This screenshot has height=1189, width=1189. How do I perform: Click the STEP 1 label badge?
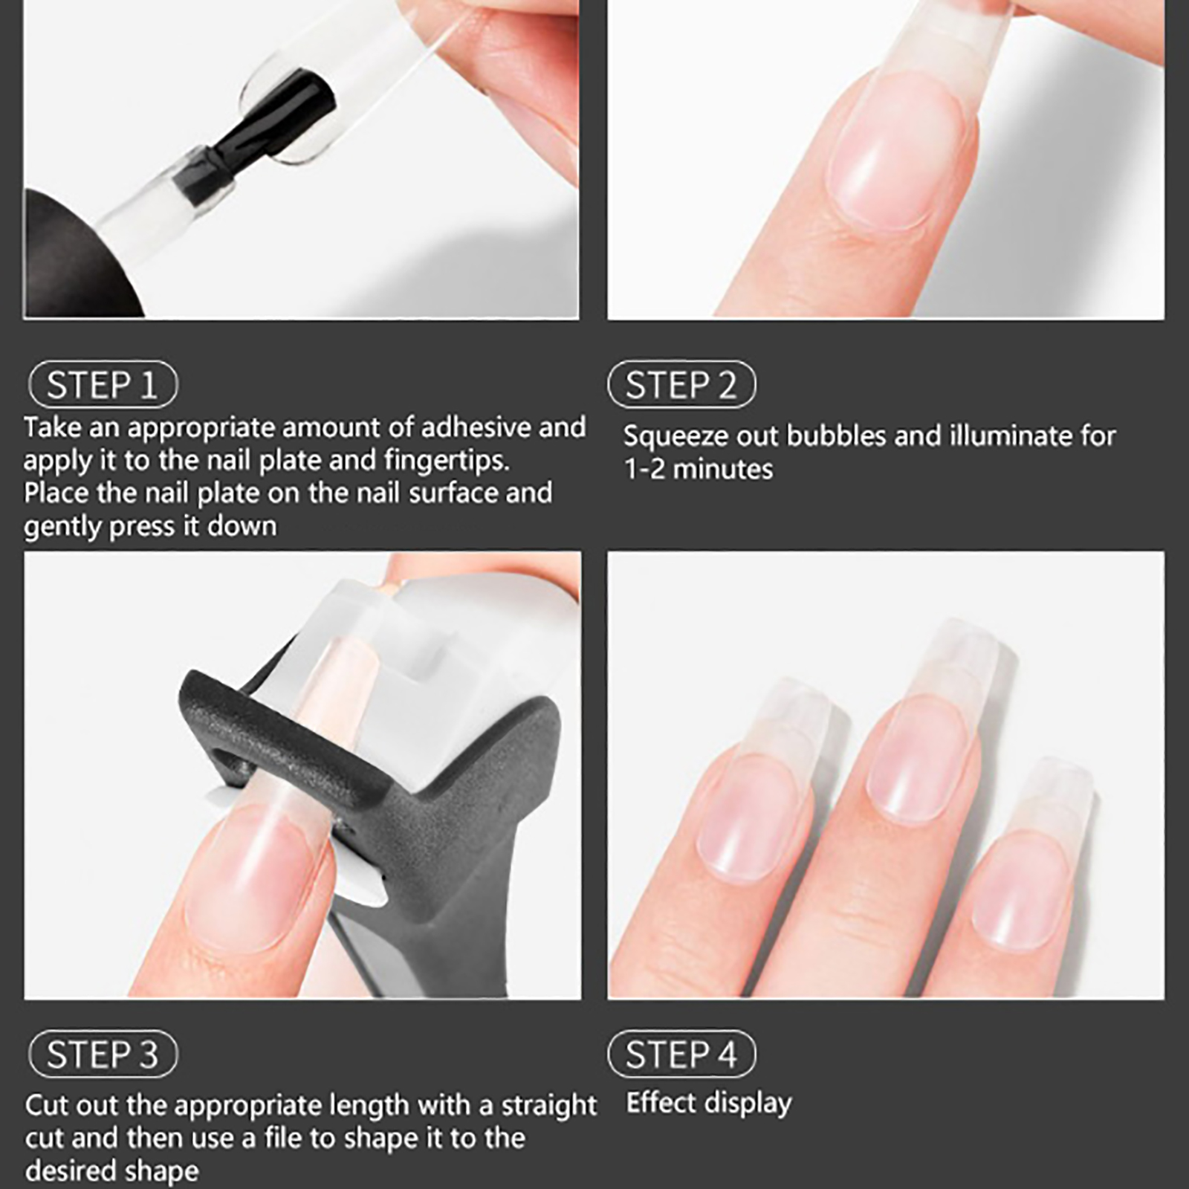click(103, 385)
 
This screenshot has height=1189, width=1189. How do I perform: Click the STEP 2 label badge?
click(681, 385)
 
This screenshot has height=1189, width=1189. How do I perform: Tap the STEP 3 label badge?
click(103, 1054)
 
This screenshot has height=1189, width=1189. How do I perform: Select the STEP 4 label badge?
click(681, 1054)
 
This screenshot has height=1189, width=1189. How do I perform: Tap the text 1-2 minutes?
click(699, 470)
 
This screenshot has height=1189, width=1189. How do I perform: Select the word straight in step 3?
click(548, 1105)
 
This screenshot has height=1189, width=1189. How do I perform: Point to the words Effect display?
click(708, 1103)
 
